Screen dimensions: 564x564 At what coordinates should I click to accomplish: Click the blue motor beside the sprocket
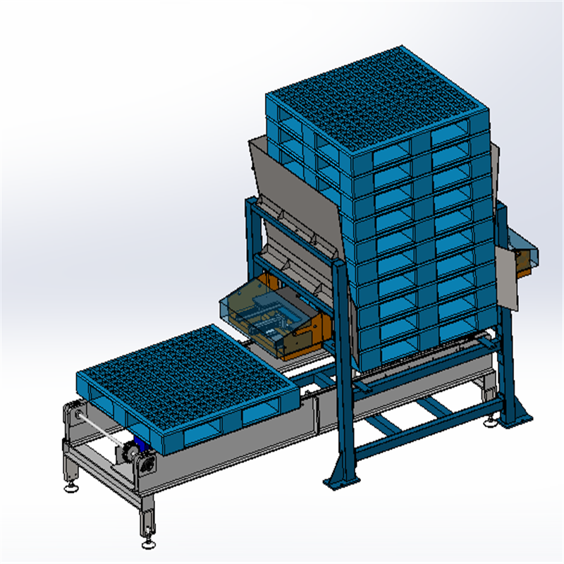(x=141, y=446)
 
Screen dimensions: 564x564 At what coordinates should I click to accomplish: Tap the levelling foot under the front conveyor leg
(x=148, y=544)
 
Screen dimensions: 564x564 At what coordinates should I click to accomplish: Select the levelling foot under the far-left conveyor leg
(x=70, y=486)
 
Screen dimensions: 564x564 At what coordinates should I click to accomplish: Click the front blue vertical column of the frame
(x=343, y=374)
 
